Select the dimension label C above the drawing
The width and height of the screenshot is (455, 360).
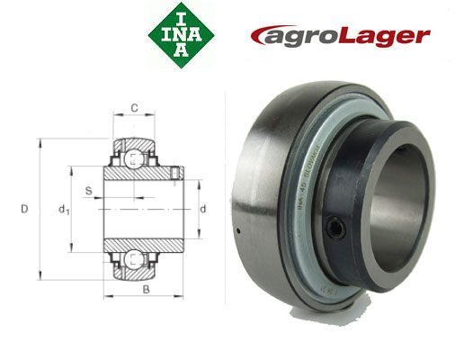click(134, 109)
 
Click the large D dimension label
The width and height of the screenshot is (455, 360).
click(25, 210)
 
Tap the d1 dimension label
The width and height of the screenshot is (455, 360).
click(62, 211)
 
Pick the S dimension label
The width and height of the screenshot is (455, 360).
click(88, 190)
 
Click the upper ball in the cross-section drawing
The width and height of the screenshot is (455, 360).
click(133, 159)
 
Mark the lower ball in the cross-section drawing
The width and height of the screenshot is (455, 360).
click(133, 259)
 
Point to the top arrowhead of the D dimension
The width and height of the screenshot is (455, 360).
click(40, 143)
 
